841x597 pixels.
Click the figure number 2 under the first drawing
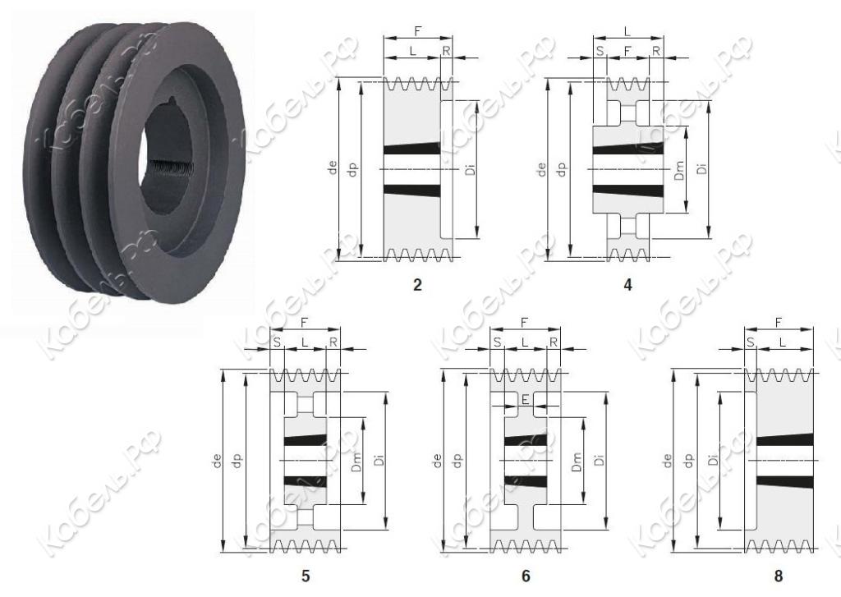pos(417,285)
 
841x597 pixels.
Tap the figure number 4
pos(627,285)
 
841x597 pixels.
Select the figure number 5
pos(306,576)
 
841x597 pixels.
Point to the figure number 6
pos(526,576)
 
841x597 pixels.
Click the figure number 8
pos(779,576)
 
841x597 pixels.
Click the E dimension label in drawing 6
pos(525,399)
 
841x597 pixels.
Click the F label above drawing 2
pos(418,31)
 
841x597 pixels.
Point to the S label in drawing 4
pos(600,51)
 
